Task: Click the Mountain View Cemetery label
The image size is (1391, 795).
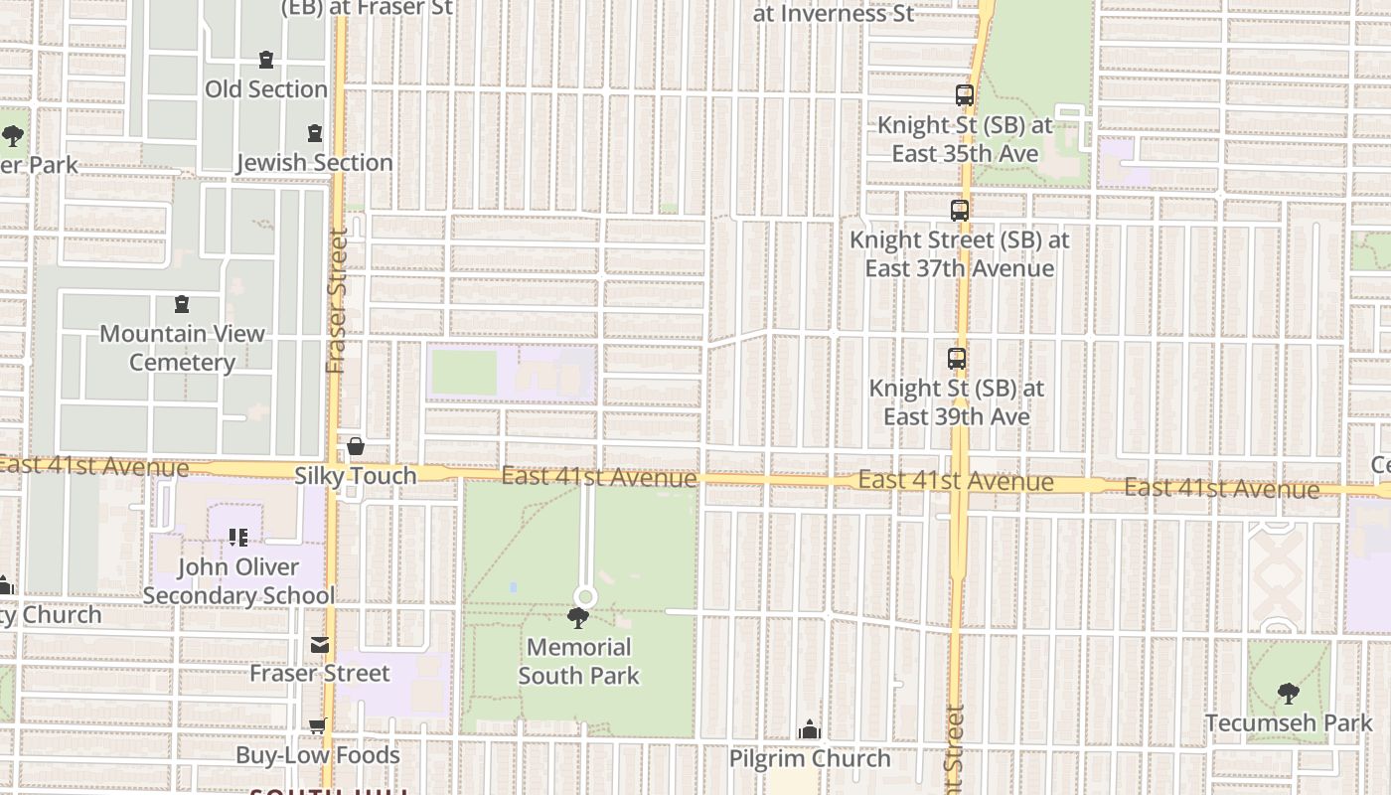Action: [182, 348]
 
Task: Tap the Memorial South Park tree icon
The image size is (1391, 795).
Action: [577, 619]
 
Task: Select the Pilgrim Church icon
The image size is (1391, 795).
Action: [810, 730]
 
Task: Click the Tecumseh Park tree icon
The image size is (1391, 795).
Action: [1288, 694]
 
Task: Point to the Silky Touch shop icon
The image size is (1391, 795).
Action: [355, 447]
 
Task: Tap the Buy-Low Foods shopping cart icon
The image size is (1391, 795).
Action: [317, 726]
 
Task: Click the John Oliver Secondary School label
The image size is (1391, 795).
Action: [238, 581]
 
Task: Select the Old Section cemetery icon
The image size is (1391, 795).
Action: [266, 61]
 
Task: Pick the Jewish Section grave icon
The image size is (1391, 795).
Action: [315, 133]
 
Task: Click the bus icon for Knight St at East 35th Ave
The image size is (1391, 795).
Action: [965, 95]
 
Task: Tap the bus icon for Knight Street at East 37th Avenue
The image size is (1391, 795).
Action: [959, 211]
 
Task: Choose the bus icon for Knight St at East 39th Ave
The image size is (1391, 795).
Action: [957, 359]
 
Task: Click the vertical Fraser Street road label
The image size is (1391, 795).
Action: [338, 302]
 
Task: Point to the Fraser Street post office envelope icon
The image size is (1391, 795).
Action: [319, 646]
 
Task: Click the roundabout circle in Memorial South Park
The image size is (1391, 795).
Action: [585, 597]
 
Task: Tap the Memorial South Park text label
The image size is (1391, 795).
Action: [578, 662]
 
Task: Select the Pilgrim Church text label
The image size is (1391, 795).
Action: [810, 758]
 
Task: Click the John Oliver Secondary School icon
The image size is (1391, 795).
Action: [238, 538]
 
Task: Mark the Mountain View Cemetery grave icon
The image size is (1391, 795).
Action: [182, 304]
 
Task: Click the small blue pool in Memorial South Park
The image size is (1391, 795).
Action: [513, 587]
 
